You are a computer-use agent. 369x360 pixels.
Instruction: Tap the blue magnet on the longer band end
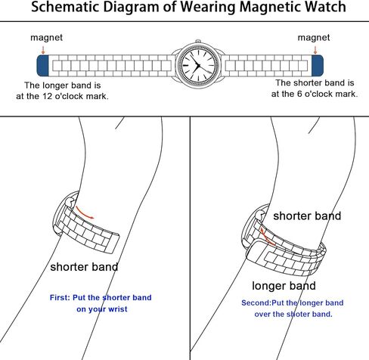click(42, 66)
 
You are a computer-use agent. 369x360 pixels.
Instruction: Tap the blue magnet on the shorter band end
click(318, 66)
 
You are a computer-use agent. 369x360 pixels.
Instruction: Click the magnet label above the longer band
click(46, 38)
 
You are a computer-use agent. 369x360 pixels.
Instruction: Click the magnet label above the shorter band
click(314, 38)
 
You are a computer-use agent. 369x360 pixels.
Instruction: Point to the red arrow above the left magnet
click(43, 50)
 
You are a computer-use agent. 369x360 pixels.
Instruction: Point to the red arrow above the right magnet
click(315, 50)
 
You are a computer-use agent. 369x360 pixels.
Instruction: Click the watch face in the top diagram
click(198, 66)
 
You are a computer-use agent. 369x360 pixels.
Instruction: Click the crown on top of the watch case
click(198, 41)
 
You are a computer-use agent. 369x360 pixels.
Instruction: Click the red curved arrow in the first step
click(84, 213)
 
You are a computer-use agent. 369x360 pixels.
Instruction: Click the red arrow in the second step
click(267, 237)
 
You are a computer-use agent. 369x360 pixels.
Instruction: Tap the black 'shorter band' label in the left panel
click(84, 267)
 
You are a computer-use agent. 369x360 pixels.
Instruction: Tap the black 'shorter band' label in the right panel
click(307, 216)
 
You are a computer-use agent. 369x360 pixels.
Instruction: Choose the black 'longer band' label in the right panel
click(284, 286)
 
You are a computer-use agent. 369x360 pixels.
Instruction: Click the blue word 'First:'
click(60, 298)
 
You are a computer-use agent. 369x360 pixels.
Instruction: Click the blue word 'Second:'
click(256, 303)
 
